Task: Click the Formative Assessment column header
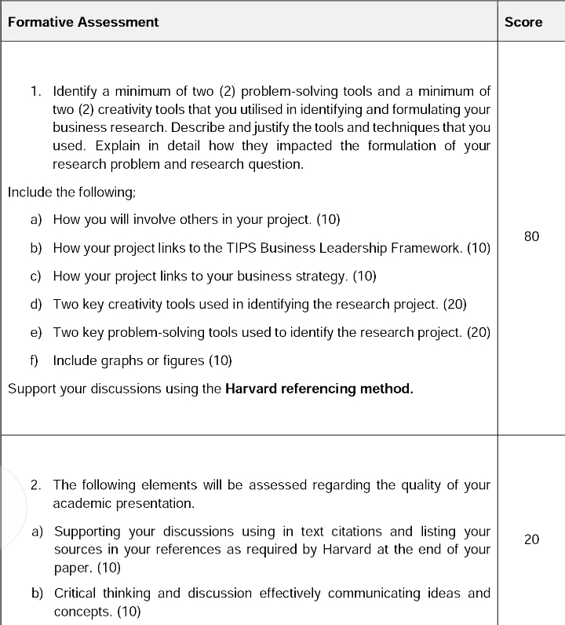83,22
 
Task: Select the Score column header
523,22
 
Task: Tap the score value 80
531,236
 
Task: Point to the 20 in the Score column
531,539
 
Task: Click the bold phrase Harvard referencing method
319,389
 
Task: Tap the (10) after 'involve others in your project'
328,220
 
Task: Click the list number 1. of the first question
36,92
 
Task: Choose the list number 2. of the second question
36,484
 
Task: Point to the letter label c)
36,276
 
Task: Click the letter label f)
35,360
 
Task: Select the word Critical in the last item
76,593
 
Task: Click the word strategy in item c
319,276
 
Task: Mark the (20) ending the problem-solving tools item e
479,332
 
